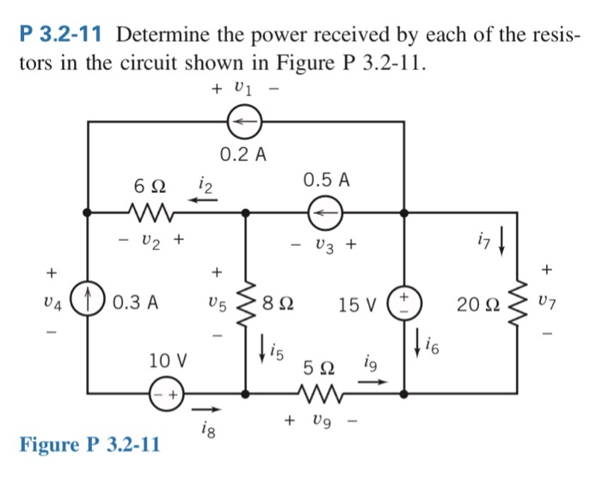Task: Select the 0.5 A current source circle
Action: pos(326,209)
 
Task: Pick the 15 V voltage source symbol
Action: pos(403,303)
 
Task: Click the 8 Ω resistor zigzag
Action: pos(247,303)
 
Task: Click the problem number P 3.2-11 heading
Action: pos(62,35)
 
